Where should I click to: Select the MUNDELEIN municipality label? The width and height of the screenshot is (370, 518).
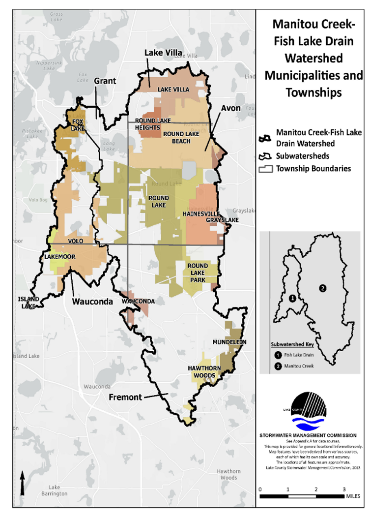pos(229,342)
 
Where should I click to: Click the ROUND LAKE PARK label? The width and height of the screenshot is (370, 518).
pos(197,273)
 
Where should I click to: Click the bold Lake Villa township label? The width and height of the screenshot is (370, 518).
pos(163,53)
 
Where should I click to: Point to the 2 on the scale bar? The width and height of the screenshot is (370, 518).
pos(316,489)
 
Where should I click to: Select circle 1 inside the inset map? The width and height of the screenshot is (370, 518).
pos(292,299)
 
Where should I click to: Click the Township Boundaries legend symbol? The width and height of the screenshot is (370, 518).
pos(266,169)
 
